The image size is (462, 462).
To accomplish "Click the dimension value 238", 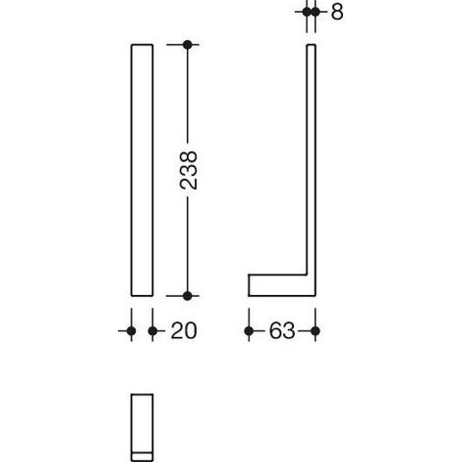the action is [189, 170].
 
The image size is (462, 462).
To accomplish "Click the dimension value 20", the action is [184, 331].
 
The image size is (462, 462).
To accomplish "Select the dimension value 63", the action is [282, 331].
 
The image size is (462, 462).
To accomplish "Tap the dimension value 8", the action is [337, 12].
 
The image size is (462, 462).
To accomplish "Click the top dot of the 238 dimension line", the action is [188, 44].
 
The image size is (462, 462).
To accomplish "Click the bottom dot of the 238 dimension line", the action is [188, 296].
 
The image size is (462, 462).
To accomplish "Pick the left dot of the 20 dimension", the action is [132, 331].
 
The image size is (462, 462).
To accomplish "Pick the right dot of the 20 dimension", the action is [152, 331].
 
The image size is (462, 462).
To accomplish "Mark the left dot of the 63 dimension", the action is [249, 331].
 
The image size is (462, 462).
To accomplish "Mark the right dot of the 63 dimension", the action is [316, 331].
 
